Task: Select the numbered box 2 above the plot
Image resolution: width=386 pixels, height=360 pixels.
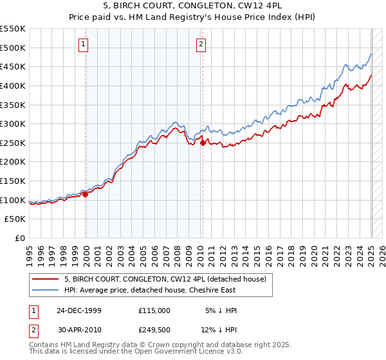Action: point(201,44)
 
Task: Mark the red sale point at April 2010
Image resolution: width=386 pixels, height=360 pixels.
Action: point(203,143)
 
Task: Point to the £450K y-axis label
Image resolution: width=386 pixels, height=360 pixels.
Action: point(13,66)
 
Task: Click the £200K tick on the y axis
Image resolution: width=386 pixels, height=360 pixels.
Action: point(13,162)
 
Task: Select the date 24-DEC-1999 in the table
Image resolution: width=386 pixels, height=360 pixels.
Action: point(79,310)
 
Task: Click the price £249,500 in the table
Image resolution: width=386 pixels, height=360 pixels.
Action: point(154,331)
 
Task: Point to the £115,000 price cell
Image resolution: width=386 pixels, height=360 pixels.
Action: point(154,310)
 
